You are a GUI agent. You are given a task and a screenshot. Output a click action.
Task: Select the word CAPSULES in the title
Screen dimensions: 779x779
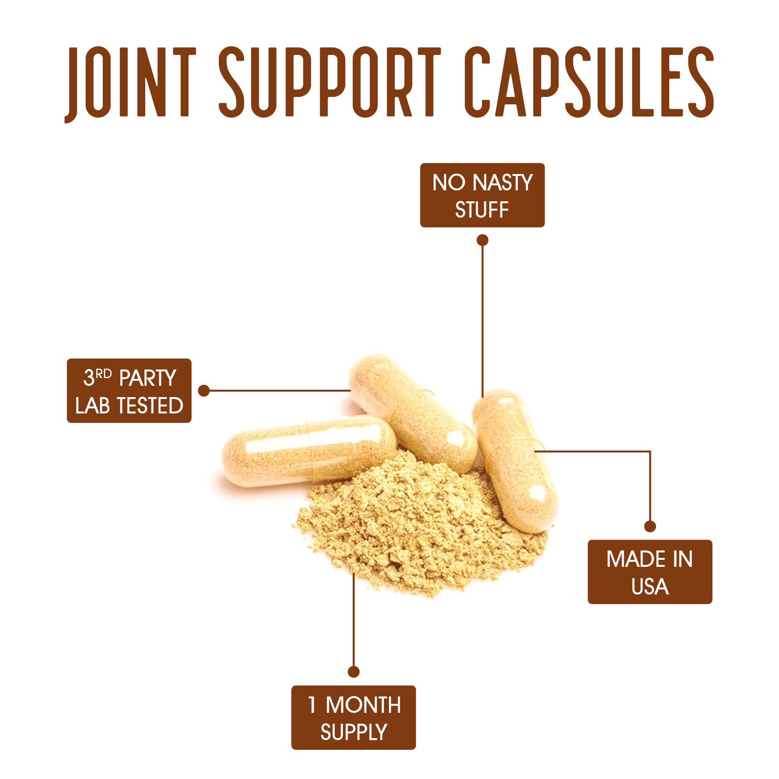click(x=589, y=82)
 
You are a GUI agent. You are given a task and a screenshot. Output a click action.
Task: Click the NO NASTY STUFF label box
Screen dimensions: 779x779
click(x=482, y=195)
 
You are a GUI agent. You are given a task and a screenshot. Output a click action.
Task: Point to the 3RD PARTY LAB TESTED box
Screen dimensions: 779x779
click(x=129, y=391)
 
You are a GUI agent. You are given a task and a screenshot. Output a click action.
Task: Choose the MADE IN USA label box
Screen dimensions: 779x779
click(x=650, y=572)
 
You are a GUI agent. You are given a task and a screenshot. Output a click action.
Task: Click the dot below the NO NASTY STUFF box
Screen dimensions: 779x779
click(x=483, y=240)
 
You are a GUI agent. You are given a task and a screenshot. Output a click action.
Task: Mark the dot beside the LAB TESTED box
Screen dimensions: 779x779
click(x=204, y=391)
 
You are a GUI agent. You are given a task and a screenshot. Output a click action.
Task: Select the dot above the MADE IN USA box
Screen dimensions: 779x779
click(x=650, y=526)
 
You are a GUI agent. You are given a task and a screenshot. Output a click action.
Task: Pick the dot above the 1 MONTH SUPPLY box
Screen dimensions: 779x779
click(x=353, y=672)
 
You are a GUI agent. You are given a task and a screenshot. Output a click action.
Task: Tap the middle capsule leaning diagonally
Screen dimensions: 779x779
click(x=415, y=413)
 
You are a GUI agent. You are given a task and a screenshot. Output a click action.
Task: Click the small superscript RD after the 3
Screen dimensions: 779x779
click(x=104, y=374)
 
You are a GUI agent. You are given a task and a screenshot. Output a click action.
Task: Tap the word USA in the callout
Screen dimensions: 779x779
click(x=650, y=587)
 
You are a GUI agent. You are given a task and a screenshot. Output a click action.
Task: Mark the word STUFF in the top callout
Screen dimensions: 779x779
click(x=482, y=210)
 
